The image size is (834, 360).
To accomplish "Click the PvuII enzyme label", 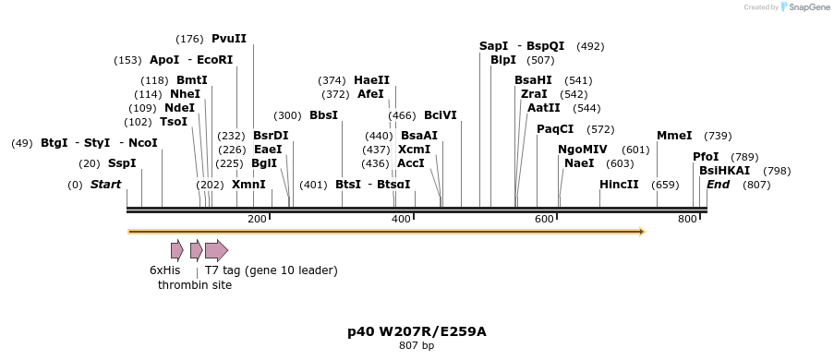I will pos(229,39).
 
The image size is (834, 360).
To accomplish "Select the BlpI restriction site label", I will pos(503,60).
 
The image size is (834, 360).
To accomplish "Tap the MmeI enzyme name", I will pos(674,136).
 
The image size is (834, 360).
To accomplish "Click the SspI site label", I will pos(122,163).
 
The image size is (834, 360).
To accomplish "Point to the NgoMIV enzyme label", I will pos(583,150).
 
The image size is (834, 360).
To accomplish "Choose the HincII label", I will pos(619,185).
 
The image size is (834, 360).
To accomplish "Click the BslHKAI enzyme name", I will pos(725,171).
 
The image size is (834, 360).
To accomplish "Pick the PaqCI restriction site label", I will pos(555,129).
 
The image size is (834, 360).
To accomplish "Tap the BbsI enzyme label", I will pos(323,115).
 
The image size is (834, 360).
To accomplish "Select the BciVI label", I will pos(441,115).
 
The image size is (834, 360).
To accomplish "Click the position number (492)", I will pos(590,46).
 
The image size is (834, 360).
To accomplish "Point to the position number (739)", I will pos(718,136).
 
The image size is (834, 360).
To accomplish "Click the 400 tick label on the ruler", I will pos(401,219).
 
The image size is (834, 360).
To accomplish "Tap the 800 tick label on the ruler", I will pos(687,219).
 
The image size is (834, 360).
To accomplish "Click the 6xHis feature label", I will pos(165,270).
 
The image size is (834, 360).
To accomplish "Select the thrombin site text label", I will pos(195,285).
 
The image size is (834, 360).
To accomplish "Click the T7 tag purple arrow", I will pos(216,250).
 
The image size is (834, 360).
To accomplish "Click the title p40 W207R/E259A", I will pos(417,331).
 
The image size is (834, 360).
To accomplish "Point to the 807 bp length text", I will pos(417,346).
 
